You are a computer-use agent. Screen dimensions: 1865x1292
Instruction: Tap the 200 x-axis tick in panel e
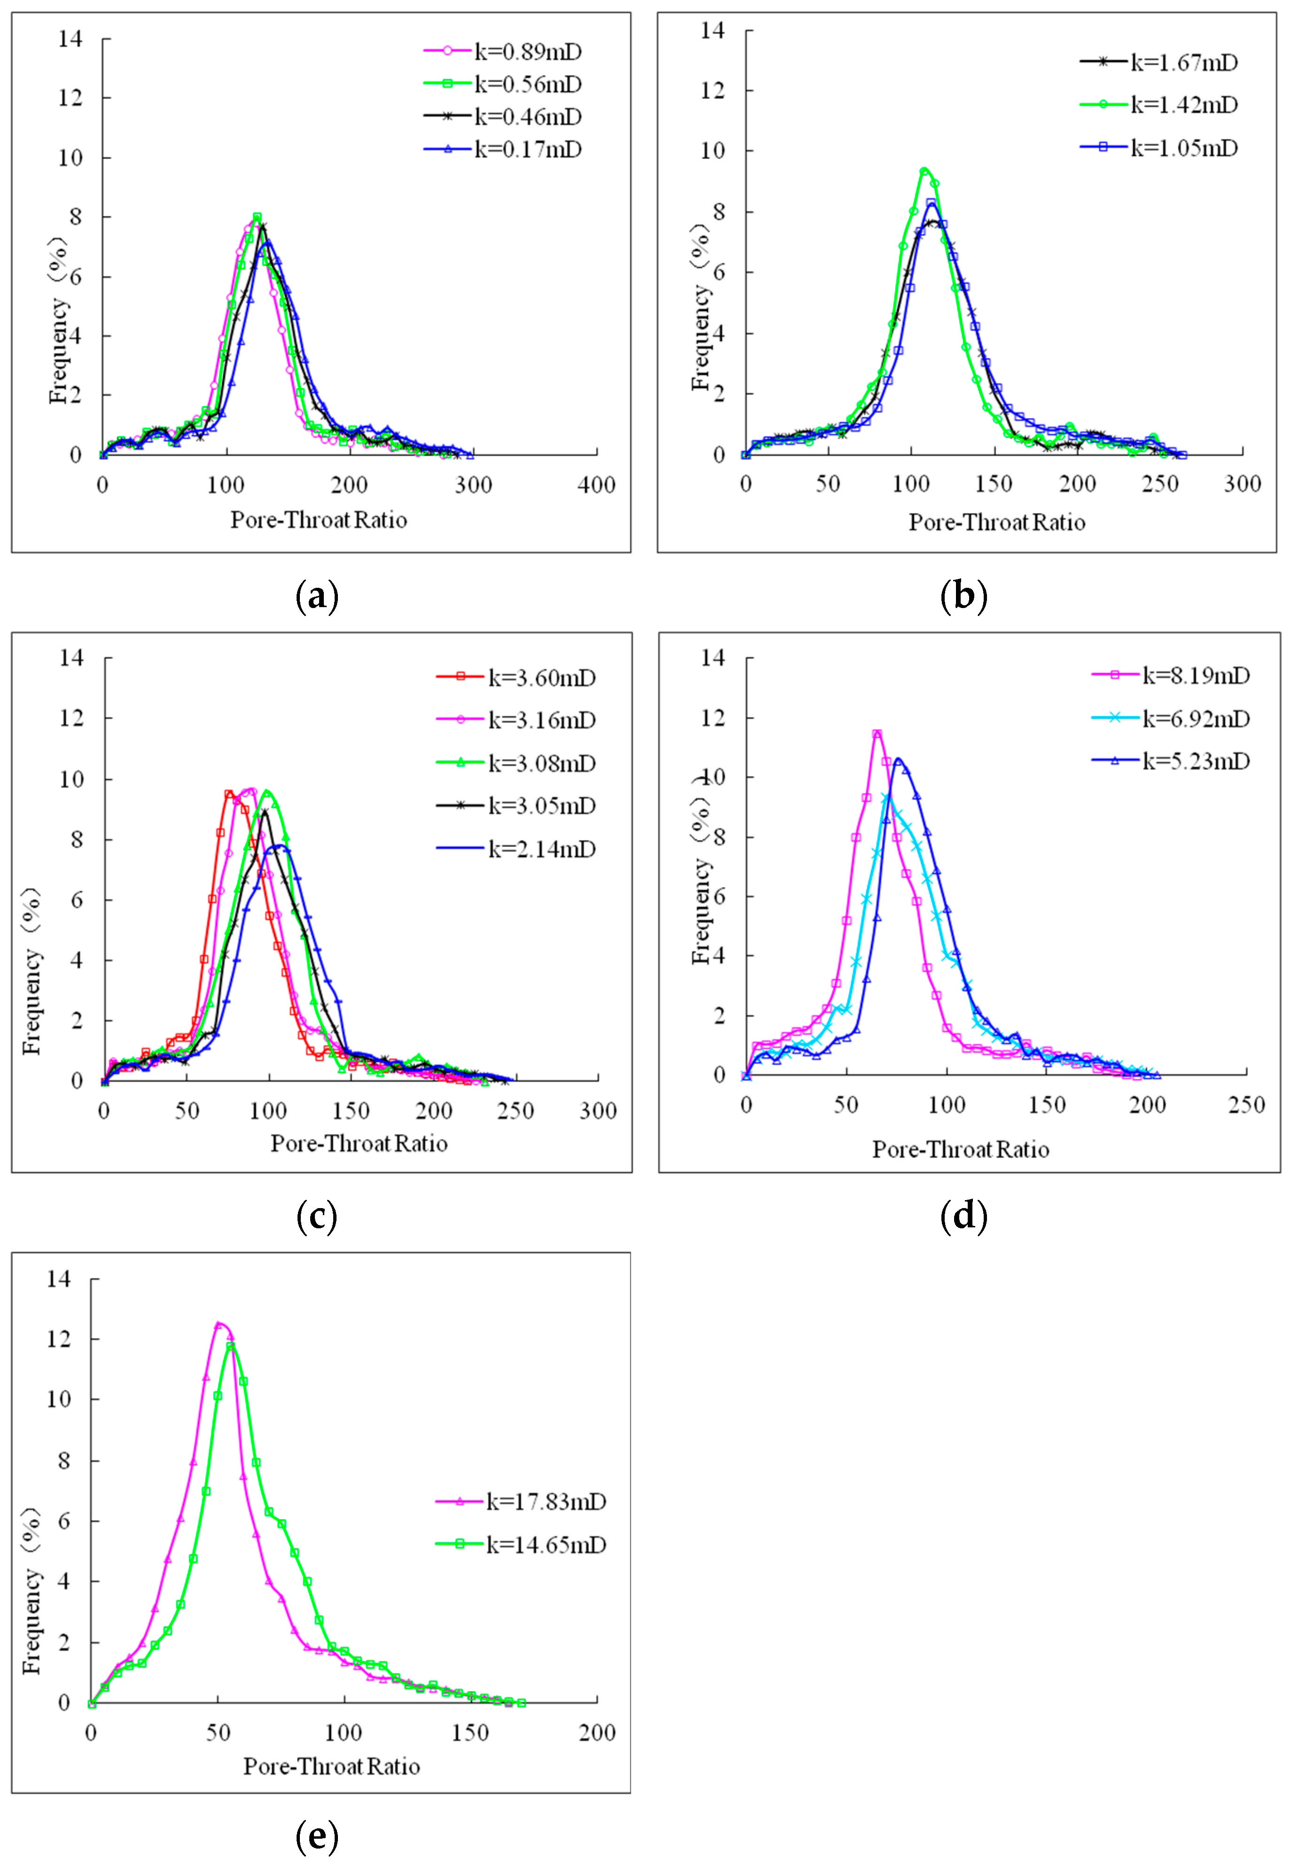click(596, 1732)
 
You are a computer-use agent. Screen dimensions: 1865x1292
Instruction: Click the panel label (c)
click(316, 1216)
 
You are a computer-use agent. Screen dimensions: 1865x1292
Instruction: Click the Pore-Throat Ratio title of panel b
click(996, 522)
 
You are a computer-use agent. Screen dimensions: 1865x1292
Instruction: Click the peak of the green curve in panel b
click(924, 171)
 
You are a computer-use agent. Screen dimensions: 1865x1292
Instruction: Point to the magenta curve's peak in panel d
click(877, 734)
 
